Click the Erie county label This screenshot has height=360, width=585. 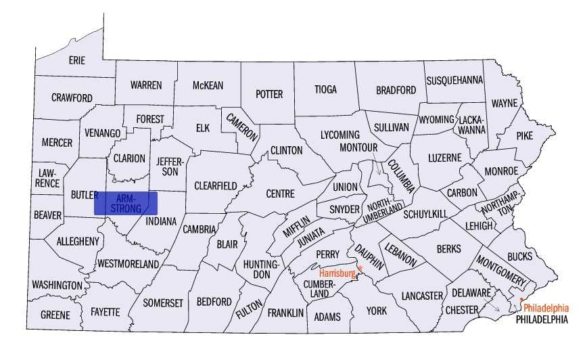(77, 60)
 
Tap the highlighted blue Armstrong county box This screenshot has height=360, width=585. (125, 203)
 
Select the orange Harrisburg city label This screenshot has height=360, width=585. (337, 273)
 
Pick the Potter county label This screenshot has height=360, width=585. (269, 94)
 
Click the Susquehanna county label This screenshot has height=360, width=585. (454, 80)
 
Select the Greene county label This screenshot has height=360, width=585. (55, 315)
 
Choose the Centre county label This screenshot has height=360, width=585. (280, 194)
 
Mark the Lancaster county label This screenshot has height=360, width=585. (421, 296)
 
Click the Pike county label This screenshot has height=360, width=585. (524, 135)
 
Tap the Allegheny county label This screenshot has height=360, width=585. (78, 241)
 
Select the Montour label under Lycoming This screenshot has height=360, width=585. (358, 147)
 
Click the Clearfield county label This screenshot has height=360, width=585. (215, 185)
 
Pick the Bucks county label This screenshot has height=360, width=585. (519, 256)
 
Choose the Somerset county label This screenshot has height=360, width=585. (162, 303)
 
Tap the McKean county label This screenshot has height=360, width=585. (208, 85)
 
